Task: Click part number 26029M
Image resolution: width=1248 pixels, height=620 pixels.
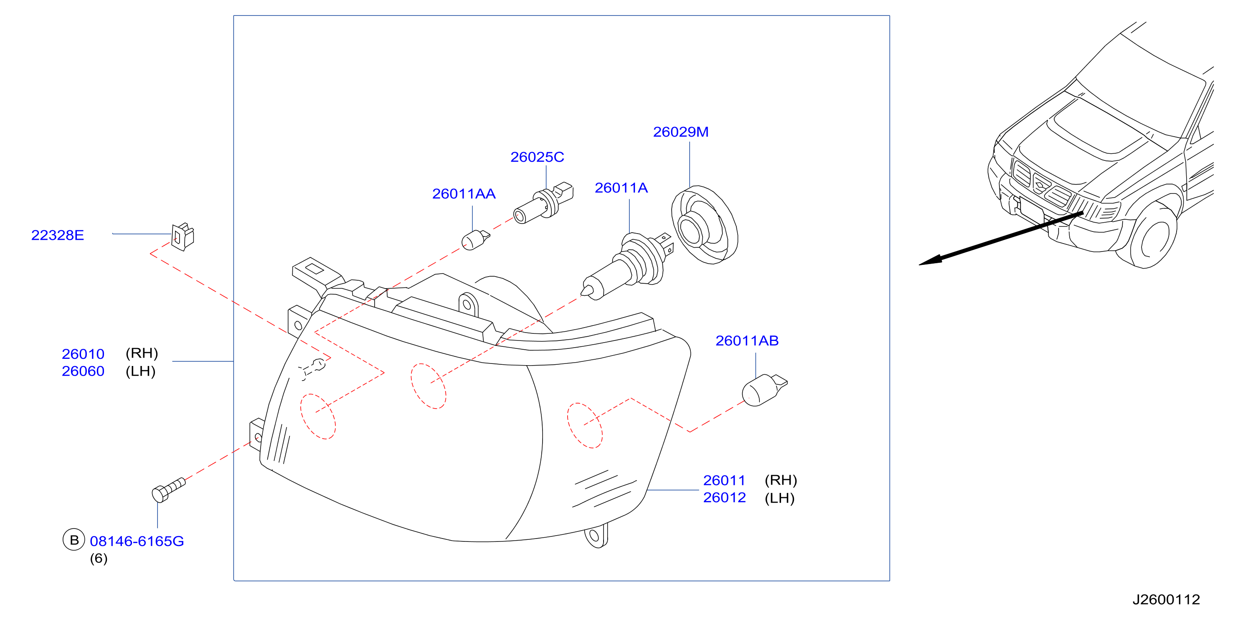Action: [680, 132]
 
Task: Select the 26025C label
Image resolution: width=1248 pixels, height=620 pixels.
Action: [537, 157]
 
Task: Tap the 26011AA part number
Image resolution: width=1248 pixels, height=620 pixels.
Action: [464, 194]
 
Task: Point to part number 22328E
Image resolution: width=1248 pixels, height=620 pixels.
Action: [58, 235]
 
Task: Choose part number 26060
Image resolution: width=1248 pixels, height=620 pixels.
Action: [83, 371]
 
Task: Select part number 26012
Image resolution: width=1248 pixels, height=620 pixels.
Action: [724, 498]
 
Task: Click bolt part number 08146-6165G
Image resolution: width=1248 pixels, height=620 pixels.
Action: [137, 541]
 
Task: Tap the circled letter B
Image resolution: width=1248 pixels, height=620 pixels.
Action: [74, 540]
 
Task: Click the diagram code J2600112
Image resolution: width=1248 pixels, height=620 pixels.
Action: [1166, 600]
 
